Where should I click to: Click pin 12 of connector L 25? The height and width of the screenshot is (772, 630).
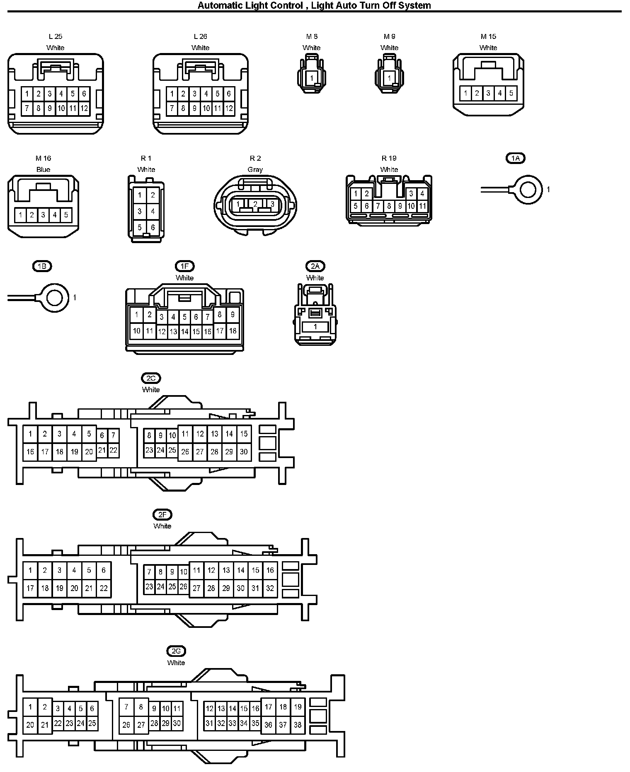pyautogui.click(x=84, y=109)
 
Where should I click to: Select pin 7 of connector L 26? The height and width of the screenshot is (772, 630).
pyautogui.click(x=172, y=109)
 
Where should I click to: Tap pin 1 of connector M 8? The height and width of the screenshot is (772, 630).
pyautogui.click(x=312, y=77)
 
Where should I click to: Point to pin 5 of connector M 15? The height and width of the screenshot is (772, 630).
pyautogui.click(x=511, y=93)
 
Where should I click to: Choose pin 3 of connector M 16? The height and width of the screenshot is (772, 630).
pyautogui.click(x=43, y=215)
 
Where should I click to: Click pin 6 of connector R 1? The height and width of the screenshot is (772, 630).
pyautogui.click(x=153, y=227)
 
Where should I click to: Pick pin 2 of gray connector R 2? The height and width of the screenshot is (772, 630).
pyautogui.click(x=255, y=204)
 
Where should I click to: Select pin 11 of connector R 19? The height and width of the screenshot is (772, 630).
pyautogui.click(x=422, y=206)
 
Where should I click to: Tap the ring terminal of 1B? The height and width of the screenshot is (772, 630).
pyautogui.click(x=54, y=298)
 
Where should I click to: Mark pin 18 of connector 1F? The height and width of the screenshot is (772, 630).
pyautogui.click(x=233, y=331)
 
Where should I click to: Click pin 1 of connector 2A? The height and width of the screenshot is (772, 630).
pyautogui.click(x=315, y=327)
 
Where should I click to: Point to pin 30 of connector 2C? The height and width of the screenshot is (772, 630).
pyautogui.click(x=244, y=451)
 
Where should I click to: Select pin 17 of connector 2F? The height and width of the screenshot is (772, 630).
pyautogui.click(x=30, y=588)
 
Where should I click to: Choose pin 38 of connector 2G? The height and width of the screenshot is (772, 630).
pyautogui.click(x=298, y=724)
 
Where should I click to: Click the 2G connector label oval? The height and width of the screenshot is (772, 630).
pyautogui.click(x=176, y=651)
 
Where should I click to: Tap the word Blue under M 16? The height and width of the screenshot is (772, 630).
pyautogui.click(x=43, y=169)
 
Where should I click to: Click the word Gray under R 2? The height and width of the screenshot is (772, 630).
pyautogui.click(x=255, y=169)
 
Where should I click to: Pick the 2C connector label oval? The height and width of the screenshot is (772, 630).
pyautogui.click(x=151, y=378)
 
